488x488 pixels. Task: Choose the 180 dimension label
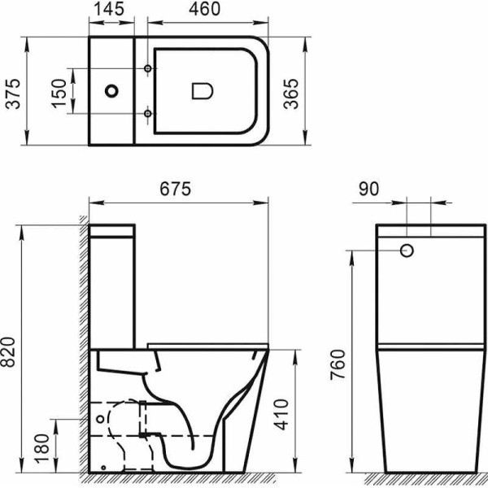(x=41, y=444)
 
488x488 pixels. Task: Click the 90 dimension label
(x=368, y=189)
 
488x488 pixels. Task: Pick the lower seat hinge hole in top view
(x=146, y=113)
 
